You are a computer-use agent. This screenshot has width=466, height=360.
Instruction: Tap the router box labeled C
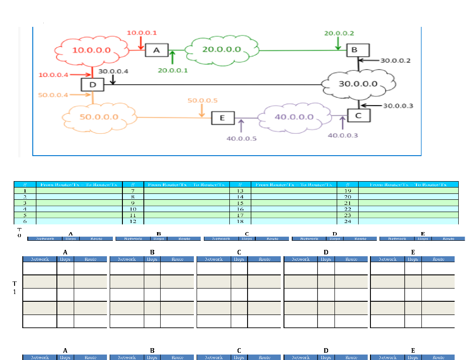point(358,116)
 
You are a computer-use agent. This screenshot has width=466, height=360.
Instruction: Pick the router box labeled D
point(92,84)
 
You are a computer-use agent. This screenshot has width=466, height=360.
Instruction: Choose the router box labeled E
point(223,118)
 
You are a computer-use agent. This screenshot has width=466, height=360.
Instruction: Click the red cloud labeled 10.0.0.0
point(91,50)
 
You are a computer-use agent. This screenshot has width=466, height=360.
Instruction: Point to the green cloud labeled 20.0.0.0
point(222,49)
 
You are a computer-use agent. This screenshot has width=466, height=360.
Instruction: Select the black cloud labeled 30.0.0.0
point(358,84)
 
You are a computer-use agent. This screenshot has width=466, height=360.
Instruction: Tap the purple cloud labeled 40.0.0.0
point(294,117)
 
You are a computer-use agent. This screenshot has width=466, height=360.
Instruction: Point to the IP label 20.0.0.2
point(339,33)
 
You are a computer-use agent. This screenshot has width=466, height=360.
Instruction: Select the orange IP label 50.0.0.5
point(202,101)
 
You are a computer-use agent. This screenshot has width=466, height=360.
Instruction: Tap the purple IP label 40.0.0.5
point(241,138)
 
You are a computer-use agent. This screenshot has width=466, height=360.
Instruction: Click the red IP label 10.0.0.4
point(53,75)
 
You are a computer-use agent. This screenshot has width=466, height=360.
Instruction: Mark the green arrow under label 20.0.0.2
point(338,44)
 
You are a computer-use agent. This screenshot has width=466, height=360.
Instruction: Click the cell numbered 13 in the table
point(241,191)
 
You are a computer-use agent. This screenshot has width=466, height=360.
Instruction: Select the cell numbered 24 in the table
point(347,221)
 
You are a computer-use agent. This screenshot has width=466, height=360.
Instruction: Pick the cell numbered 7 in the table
point(133,191)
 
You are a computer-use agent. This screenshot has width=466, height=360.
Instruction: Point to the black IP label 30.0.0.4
point(113,71)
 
